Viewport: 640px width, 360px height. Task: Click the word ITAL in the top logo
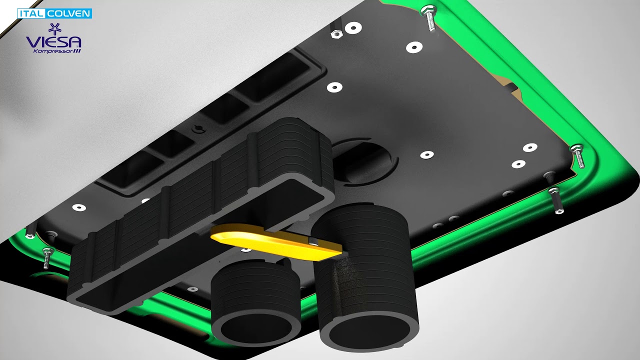click(x=29, y=13)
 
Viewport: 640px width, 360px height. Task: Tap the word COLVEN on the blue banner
click(x=69, y=13)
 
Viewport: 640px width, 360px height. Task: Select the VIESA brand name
click(x=53, y=41)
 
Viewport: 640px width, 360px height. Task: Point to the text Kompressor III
click(x=57, y=51)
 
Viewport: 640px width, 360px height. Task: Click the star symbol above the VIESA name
click(x=53, y=28)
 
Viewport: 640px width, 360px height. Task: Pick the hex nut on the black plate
click(x=336, y=34)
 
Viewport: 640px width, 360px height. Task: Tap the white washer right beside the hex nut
click(x=353, y=28)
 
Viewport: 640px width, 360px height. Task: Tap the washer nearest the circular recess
click(x=426, y=155)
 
